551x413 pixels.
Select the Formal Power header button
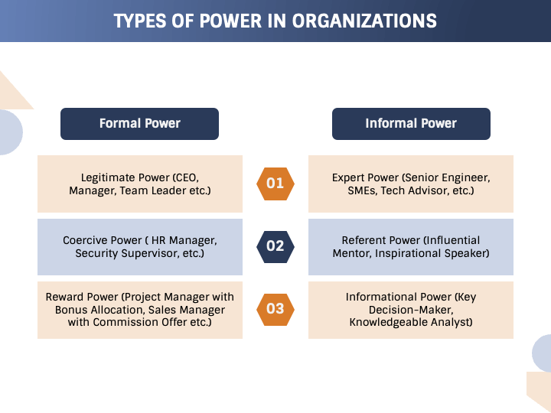click(139, 123)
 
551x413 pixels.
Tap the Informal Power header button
click(411, 123)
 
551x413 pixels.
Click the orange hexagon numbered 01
click(275, 184)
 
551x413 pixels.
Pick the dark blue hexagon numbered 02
click(275, 246)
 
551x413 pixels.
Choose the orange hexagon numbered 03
click(275, 309)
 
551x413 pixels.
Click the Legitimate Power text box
click(140, 184)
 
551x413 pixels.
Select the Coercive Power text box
click(140, 246)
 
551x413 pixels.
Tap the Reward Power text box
click(140, 309)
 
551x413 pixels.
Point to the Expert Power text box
click(411, 184)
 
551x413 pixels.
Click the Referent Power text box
click(411, 246)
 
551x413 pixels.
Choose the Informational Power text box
click(411, 309)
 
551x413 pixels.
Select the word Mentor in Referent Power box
click(351, 253)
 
